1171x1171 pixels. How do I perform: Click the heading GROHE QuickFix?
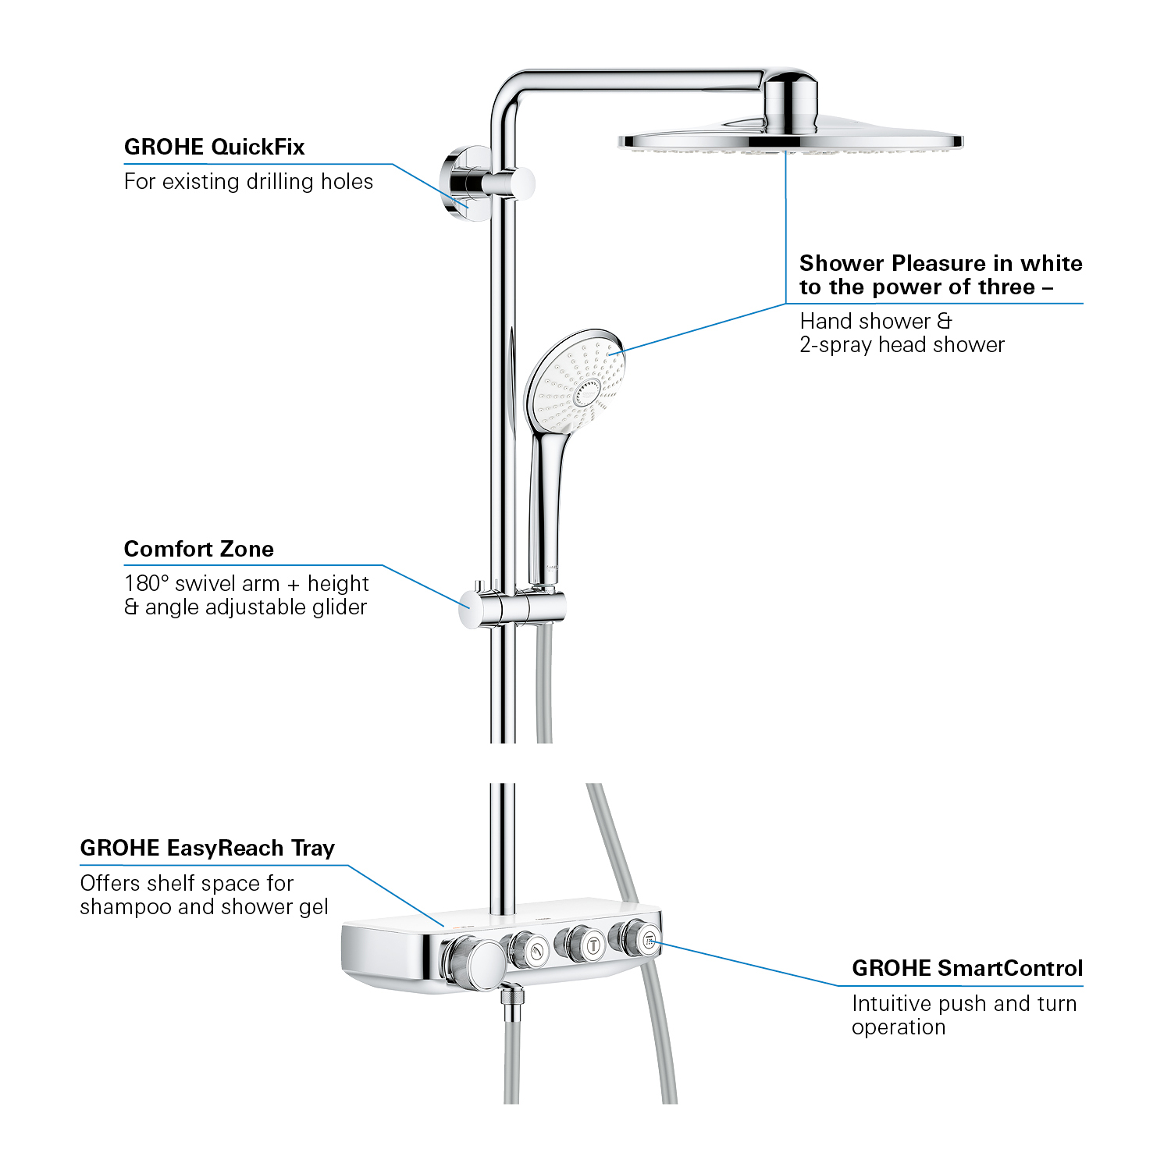click(x=214, y=147)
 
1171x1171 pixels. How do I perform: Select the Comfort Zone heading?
click(x=199, y=549)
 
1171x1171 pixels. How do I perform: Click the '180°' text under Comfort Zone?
click(x=147, y=583)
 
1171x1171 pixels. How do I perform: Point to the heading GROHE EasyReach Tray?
click(x=207, y=848)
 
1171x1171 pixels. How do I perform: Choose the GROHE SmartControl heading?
click(x=967, y=968)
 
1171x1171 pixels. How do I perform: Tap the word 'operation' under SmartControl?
click(x=899, y=1027)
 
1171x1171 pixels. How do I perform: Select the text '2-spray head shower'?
click(x=902, y=345)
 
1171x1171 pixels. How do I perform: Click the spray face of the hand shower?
click(x=577, y=382)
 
